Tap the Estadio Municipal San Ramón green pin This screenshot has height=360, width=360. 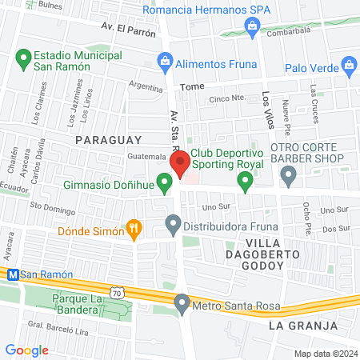(22, 58)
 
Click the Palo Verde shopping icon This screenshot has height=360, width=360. (348, 64)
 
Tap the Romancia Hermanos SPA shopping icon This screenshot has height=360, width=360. (253, 29)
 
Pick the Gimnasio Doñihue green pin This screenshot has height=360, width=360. (165, 186)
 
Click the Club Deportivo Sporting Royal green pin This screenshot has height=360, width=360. (245, 183)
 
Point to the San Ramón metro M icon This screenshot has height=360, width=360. (12, 274)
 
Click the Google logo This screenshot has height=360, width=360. (26, 350)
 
